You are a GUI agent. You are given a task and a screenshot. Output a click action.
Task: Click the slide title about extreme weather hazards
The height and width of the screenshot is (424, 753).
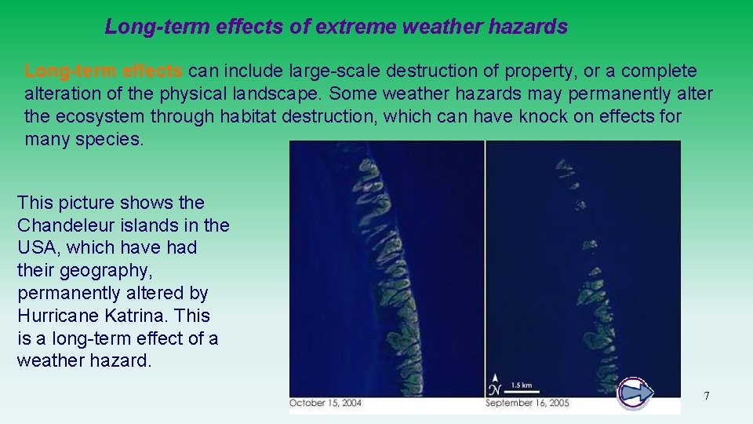tap(336, 27)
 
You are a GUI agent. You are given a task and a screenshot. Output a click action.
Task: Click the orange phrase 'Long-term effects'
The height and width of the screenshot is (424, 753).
tap(104, 71)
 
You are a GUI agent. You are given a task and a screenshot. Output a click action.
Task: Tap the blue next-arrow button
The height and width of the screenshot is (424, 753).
tap(635, 393)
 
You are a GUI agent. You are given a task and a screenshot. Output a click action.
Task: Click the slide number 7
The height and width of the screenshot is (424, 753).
tap(706, 396)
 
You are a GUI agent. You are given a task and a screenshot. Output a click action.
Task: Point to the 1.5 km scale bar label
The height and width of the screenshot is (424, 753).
tap(522, 385)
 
